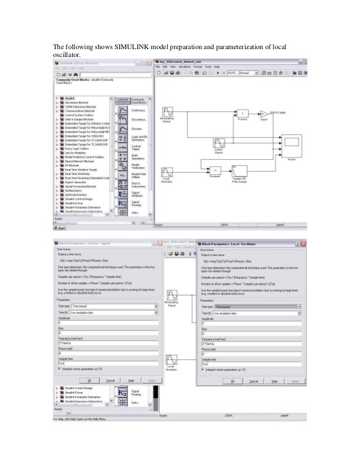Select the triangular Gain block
(265, 112)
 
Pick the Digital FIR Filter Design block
(241, 171)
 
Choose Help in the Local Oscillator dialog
(274, 381)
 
